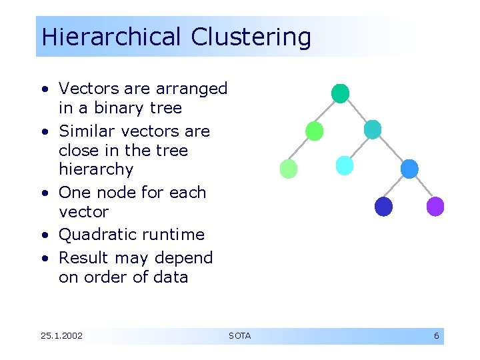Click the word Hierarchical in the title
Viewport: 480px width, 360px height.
click(111, 37)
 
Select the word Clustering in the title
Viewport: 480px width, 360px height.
click(251, 37)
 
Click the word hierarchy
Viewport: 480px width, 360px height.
click(96, 169)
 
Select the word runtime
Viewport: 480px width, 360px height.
click(175, 235)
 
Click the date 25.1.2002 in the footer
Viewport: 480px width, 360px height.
click(61, 336)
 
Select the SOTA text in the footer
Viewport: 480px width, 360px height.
click(239, 336)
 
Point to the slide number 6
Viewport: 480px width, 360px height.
click(436, 336)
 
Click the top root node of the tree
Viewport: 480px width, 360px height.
click(340, 93)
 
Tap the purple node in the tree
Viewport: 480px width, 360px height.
click(435, 207)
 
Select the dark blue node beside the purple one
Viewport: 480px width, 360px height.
click(383, 207)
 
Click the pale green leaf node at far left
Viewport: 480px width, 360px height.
click(288, 169)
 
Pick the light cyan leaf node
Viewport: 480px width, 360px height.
click(344, 165)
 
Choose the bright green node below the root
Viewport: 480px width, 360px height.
click(315, 131)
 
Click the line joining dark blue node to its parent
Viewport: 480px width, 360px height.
click(396, 188)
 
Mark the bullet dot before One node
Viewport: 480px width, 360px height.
click(43, 193)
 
